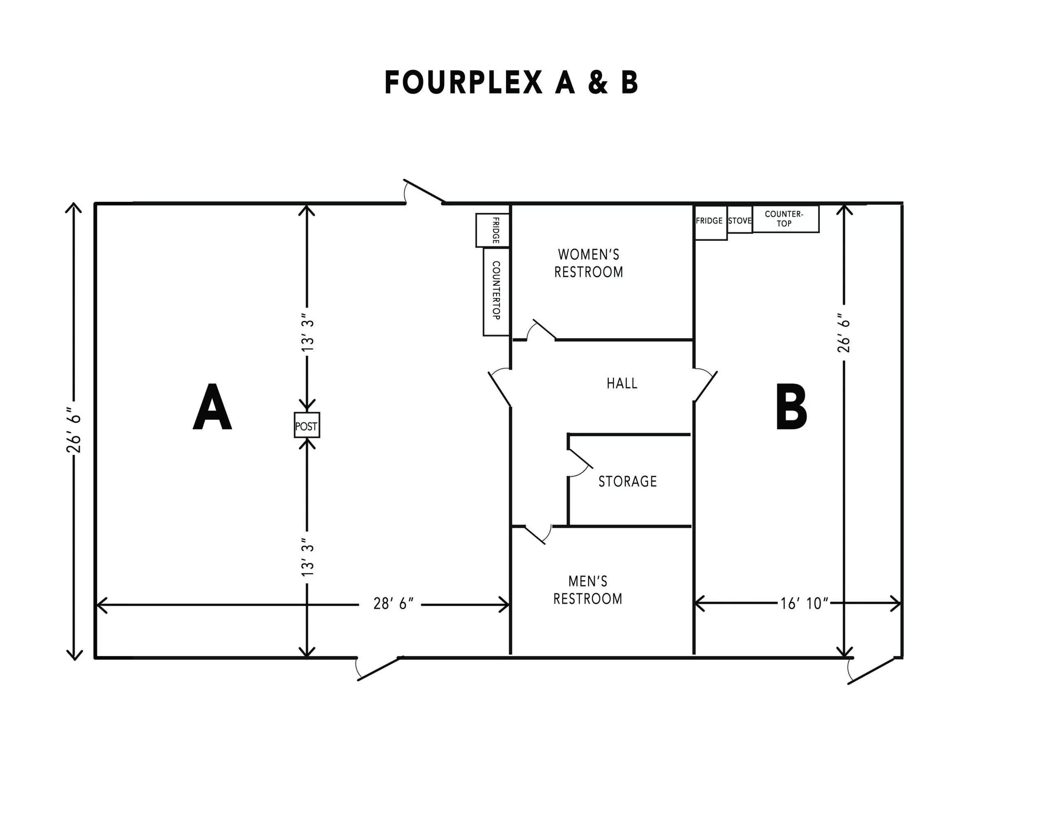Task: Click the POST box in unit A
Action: pos(306,425)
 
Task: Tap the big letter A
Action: pos(212,407)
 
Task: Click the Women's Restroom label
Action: pos(589,263)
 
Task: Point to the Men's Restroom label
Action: pos(588,590)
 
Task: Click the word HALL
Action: pos(622,383)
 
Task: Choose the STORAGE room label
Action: pos(628,481)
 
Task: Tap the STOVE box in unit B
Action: pos(740,220)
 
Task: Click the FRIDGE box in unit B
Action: pos(710,222)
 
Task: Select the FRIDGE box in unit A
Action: pos(493,230)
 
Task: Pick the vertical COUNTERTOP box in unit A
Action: pos(496,291)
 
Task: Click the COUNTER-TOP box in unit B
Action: pos(785,219)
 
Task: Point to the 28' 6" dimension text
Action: pos(393,603)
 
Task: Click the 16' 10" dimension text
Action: pos(804,603)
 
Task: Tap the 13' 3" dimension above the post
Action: pos(307,335)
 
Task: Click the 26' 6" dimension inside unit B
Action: pos(844,333)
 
